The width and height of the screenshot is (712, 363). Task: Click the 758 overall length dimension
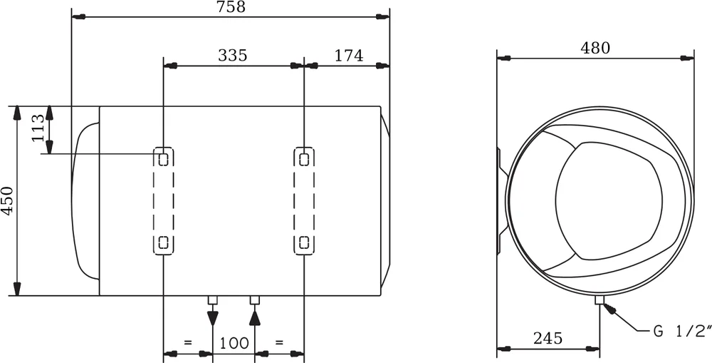pos(231,7)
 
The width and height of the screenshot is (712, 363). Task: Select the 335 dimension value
pos(233,56)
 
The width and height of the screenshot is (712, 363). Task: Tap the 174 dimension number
pos(348,56)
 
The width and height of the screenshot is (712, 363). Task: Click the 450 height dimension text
pos(7,200)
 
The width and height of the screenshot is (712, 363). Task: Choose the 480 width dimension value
pos(595,48)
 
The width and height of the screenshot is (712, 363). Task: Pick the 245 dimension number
pos(548,338)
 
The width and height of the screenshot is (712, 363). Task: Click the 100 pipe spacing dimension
pos(234,343)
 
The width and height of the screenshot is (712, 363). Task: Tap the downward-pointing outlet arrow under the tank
pos(212,318)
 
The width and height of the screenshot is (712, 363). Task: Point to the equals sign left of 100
pos(188,343)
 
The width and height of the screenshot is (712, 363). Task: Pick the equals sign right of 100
pos(279,343)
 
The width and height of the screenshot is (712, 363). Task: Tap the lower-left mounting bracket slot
pos(164,242)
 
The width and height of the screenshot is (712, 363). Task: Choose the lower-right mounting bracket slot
pos(304,242)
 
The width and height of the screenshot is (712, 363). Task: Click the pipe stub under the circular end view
pos(600,300)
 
